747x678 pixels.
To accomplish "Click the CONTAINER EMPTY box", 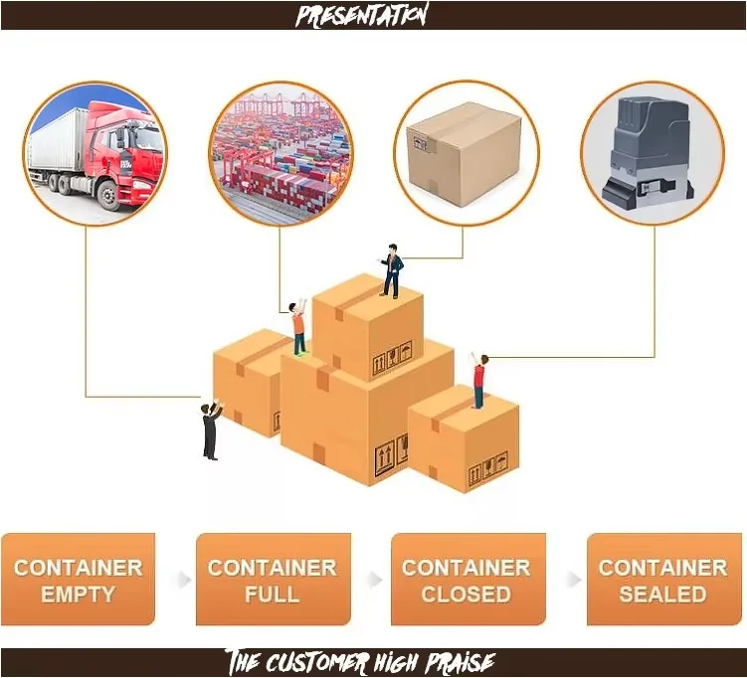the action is click(x=79, y=579).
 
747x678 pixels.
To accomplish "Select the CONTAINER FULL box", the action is click(x=274, y=579).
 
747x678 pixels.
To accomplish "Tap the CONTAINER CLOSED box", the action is click(x=468, y=579).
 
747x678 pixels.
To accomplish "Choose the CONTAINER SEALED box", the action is click(x=664, y=579).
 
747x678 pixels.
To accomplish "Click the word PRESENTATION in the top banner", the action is click(x=362, y=15).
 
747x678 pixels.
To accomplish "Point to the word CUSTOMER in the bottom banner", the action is click(x=317, y=662).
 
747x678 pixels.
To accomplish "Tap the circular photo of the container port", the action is click(x=281, y=153).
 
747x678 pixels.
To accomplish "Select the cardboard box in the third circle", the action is click(x=465, y=154).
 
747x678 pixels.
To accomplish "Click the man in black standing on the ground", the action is click(x=212, y=429).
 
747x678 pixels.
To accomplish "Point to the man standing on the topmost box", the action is click(x=392, y=271).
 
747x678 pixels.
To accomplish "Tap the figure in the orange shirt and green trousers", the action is click(x=298, y=328).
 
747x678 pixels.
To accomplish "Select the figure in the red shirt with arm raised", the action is click(x=478, y=381).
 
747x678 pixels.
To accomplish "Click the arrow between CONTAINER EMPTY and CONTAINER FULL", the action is click(x=184, y=580).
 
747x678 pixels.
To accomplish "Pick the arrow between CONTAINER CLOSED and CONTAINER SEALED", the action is click(x=574, y=580).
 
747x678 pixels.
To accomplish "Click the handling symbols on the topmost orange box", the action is click(x=392, y=359).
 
